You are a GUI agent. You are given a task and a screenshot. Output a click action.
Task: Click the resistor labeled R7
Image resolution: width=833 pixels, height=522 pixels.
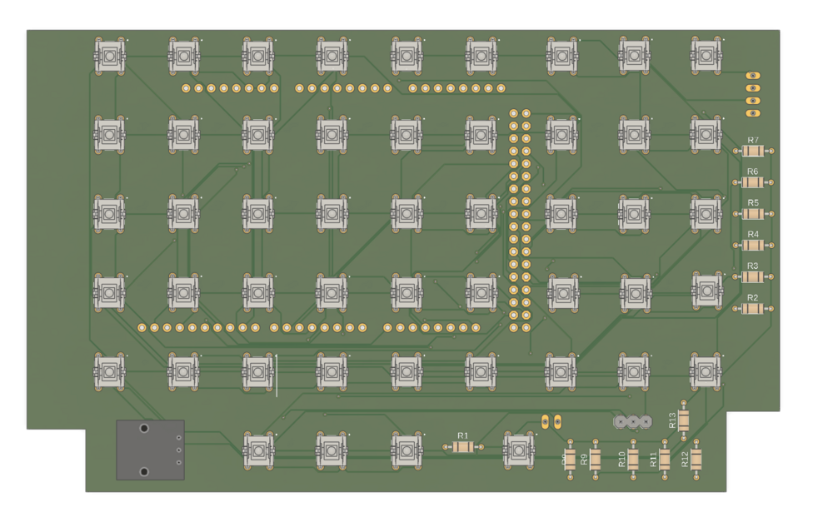coord(753,152)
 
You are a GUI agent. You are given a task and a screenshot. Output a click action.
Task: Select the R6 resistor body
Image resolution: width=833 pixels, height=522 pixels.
coord(753,182)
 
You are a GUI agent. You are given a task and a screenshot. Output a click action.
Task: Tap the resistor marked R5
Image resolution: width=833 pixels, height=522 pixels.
coord(753,214)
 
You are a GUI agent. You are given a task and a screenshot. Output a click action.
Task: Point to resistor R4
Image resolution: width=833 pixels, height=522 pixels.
coord(753,246)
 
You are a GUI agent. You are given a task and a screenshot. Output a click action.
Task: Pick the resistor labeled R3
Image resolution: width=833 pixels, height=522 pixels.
coord(753,277)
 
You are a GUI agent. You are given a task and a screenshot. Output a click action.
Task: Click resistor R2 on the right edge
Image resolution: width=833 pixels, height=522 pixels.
coord(753,309)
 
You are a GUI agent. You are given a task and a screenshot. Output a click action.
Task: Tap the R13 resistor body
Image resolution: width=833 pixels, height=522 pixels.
coord(684,420)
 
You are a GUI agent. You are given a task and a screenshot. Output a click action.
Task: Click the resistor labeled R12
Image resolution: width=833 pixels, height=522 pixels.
coord(696,458)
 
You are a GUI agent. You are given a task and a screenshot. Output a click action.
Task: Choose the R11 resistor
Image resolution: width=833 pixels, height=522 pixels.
coord(665,458)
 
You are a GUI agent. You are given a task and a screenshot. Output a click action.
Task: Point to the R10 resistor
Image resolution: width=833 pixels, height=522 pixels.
coord(633,458)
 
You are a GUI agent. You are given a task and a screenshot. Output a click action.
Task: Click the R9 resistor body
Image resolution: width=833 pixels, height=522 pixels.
coord(596,458)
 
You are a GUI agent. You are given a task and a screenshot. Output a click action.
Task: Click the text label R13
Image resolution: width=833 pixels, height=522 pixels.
coord(672,420)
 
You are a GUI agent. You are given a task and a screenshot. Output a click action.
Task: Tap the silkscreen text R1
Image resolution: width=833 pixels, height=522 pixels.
coord(463,435)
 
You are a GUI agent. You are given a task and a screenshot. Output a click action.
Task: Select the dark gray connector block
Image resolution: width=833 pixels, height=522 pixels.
coord(151,450)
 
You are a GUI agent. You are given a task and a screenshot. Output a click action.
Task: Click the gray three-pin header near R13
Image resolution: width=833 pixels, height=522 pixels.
coord(632,421)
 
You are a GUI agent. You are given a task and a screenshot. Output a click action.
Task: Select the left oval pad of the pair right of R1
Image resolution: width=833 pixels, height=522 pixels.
coord(546,422)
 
